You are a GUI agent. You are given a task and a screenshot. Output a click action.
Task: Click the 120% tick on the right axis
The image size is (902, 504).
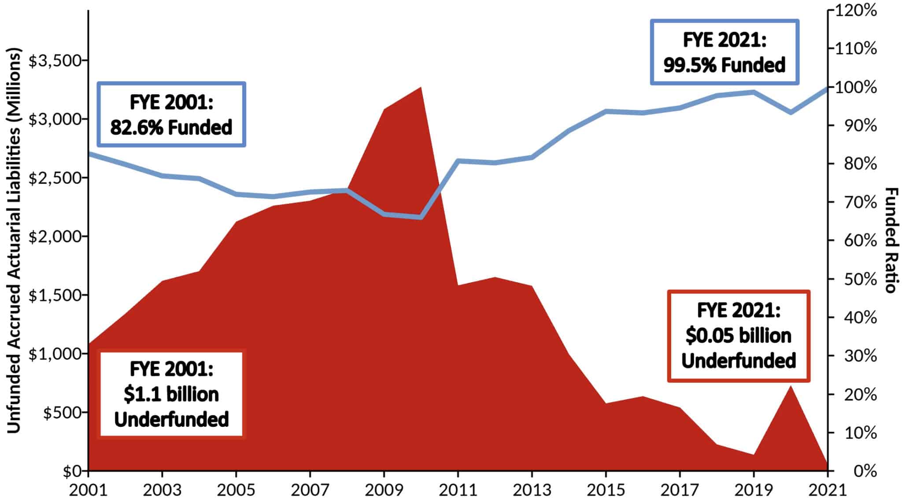tap(855, 11)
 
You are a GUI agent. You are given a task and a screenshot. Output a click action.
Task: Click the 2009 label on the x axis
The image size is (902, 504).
tap(384, 489)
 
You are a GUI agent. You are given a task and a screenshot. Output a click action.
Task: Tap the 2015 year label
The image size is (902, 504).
tap(606, 489)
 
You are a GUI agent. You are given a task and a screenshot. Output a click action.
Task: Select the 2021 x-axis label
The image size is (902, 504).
tap(827, 489)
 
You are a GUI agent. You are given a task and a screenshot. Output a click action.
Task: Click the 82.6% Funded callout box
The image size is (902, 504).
tap(171, 115)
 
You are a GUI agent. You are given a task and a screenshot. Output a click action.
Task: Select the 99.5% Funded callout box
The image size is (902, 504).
tap(725, 52)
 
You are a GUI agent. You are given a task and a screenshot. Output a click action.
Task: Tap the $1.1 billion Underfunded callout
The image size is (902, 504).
tap(171, 394)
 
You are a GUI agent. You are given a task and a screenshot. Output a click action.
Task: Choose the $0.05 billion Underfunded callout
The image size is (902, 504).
tap(739, 336)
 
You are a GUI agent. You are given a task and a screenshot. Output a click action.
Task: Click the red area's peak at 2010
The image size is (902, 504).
tap(421, 88)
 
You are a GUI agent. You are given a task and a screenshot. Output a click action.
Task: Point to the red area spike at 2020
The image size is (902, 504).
tap(791, 387)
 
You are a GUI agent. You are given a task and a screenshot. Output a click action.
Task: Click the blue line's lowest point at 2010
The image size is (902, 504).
tap(421, 217)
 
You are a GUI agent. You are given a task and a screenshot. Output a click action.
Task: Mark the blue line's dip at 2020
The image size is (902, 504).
tap(791, 112)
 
